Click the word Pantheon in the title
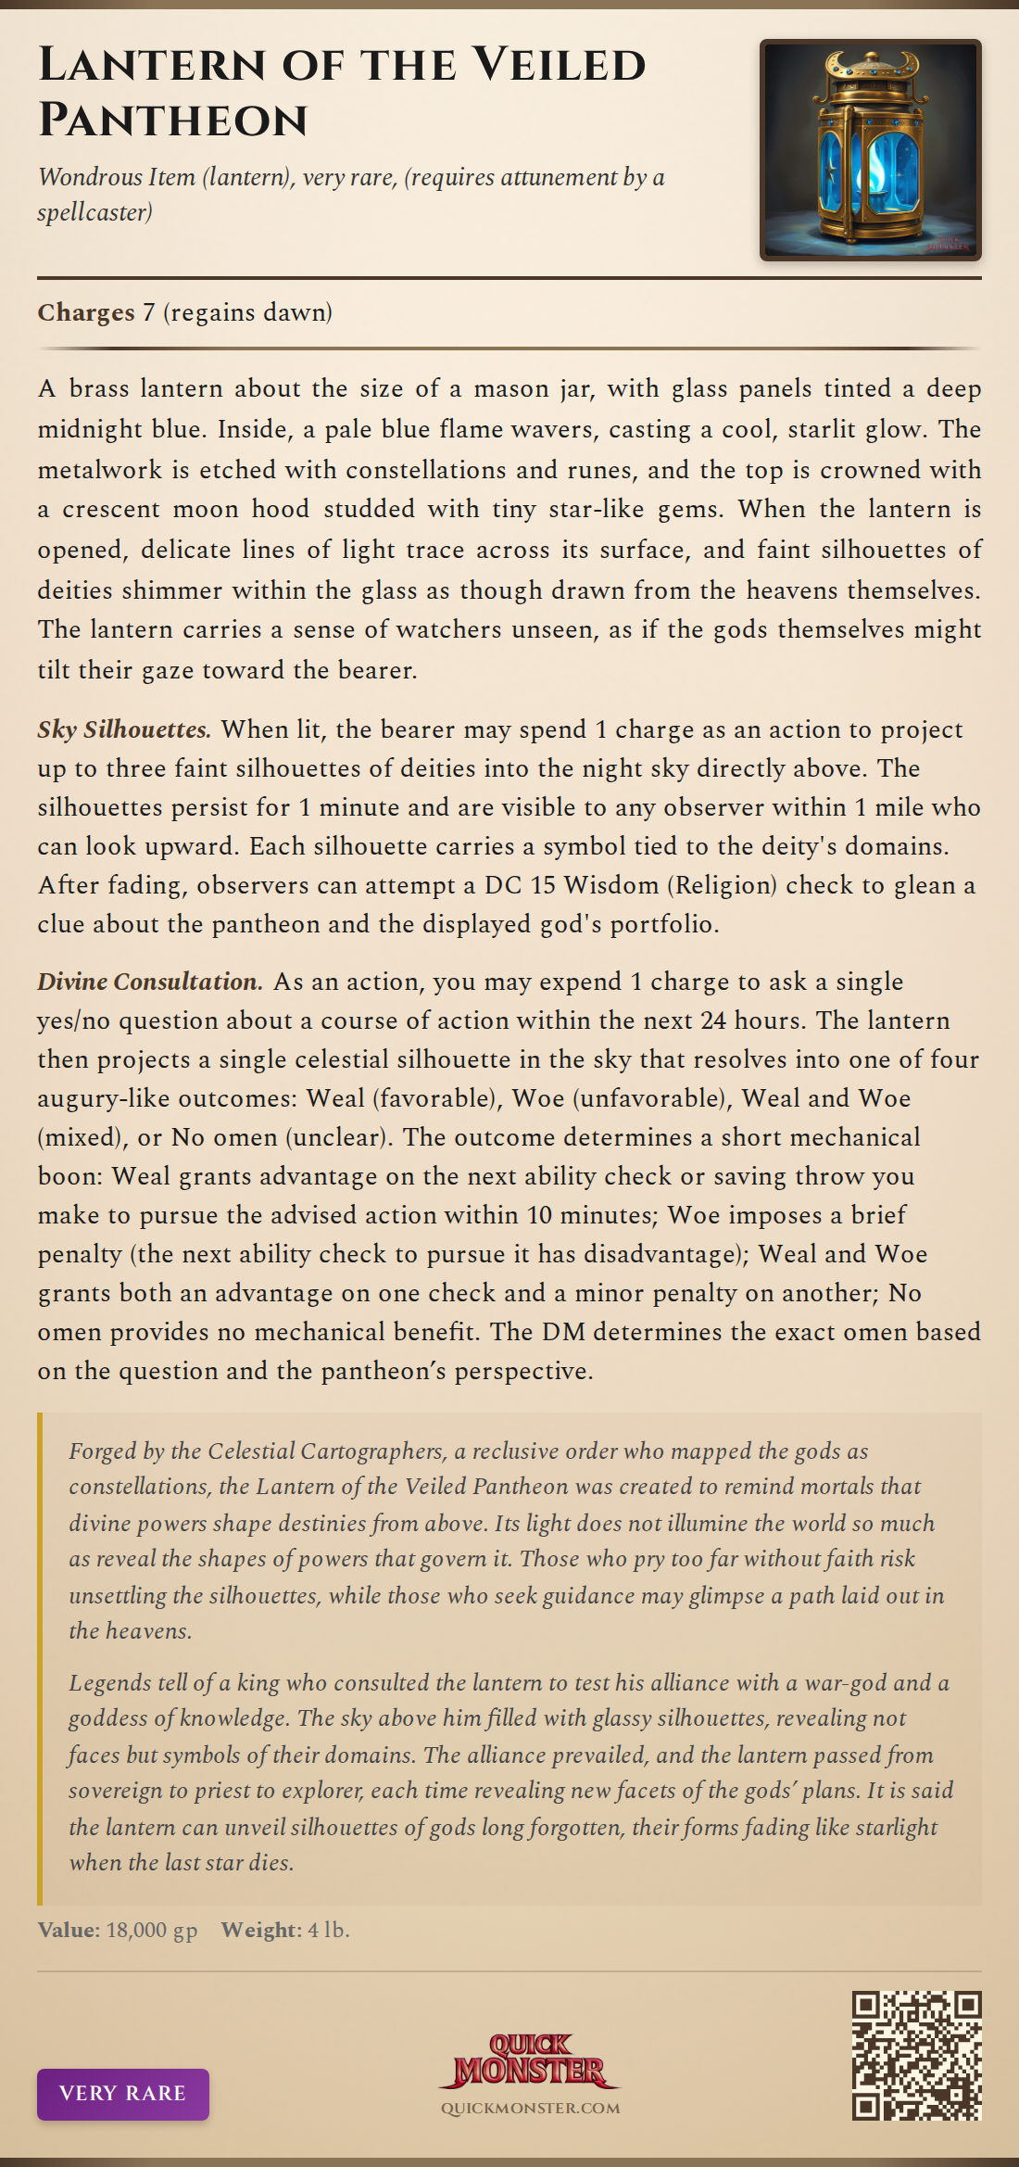173,120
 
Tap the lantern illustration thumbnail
870,150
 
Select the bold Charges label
86,312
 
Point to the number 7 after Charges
148,312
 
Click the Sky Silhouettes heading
124,729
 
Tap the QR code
916,2056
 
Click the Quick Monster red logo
530,2060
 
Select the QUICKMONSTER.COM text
530,2109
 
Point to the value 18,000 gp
152,1930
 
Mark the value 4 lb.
329,1930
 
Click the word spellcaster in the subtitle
94,213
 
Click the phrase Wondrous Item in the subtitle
117,177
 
